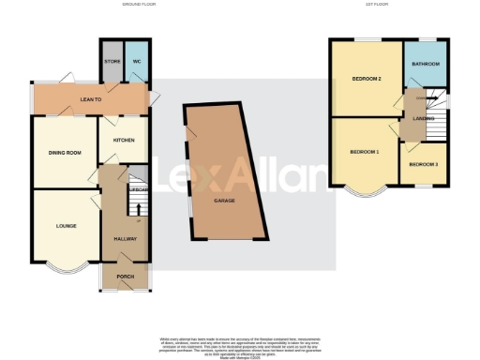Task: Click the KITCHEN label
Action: click(124, 140)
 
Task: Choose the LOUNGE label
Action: click(66, 225)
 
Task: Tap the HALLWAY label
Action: click(126, 239)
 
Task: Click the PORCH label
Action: click(125, 277)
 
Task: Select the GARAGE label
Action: click(224, 201)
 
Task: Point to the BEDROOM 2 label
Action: click(366, 78)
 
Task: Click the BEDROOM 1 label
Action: click(364, 151)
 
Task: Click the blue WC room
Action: click(135, 67)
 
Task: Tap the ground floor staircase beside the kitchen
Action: click(138, 178)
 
